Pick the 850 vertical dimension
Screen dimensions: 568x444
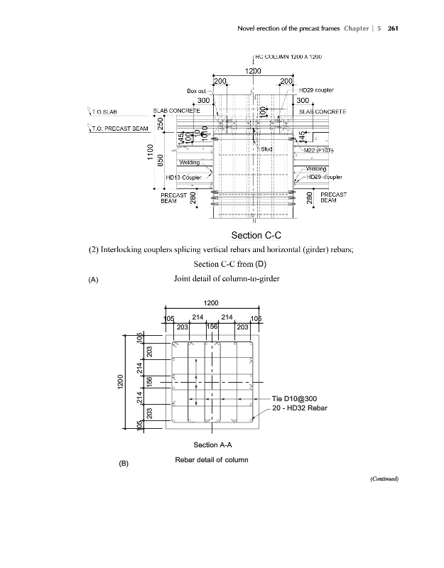pos(161,161)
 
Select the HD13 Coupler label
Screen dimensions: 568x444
pos(183,177)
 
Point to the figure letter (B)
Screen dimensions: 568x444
pos(124,464)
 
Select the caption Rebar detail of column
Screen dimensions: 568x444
pos(211,459)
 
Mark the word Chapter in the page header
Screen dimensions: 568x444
pos(359,28)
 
